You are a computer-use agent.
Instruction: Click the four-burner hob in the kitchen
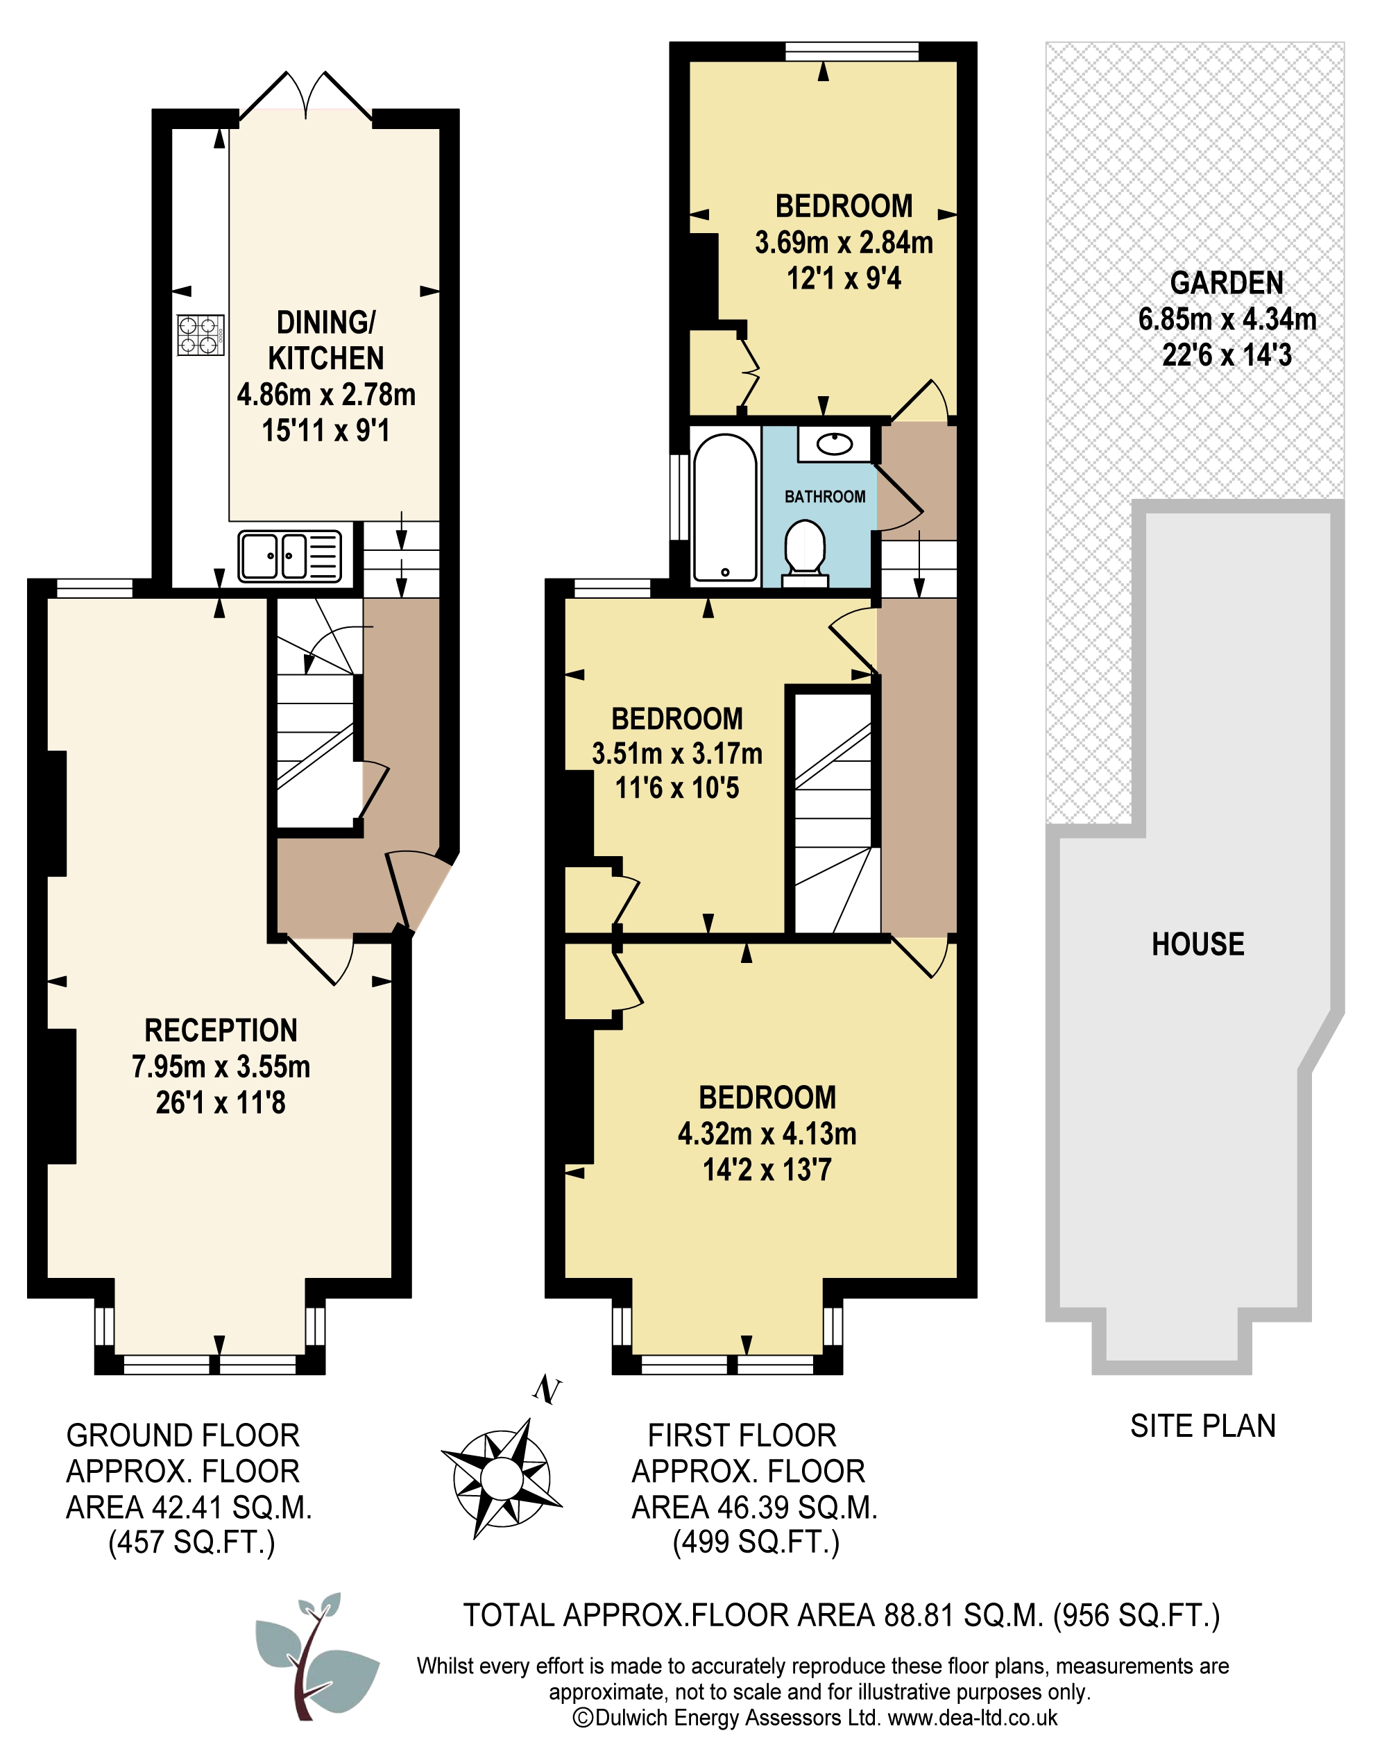point(200,335)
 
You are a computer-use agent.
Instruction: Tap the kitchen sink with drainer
point(290,556)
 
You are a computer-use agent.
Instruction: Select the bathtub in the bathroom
point(725,508)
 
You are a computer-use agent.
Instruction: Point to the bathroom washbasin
point(834,444)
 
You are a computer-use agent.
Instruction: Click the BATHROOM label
point(825,496)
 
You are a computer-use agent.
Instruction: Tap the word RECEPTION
point(221,1030)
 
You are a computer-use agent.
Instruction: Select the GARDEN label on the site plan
point(1227,282)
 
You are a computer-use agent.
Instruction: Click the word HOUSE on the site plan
point(1198,944)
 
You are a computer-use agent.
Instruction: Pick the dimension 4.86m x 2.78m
point(326,395)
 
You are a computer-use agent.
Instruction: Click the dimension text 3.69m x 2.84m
point(844,242)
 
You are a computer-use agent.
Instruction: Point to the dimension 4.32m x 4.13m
point(767,1134)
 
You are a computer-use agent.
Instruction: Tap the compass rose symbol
point(501,1478)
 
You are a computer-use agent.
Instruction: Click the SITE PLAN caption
point(1202,1426)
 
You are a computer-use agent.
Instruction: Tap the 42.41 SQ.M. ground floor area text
point(231,1507)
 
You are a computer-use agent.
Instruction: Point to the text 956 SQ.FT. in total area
point(1136,1615)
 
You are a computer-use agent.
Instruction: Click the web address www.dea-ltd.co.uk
point(973,1717)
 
